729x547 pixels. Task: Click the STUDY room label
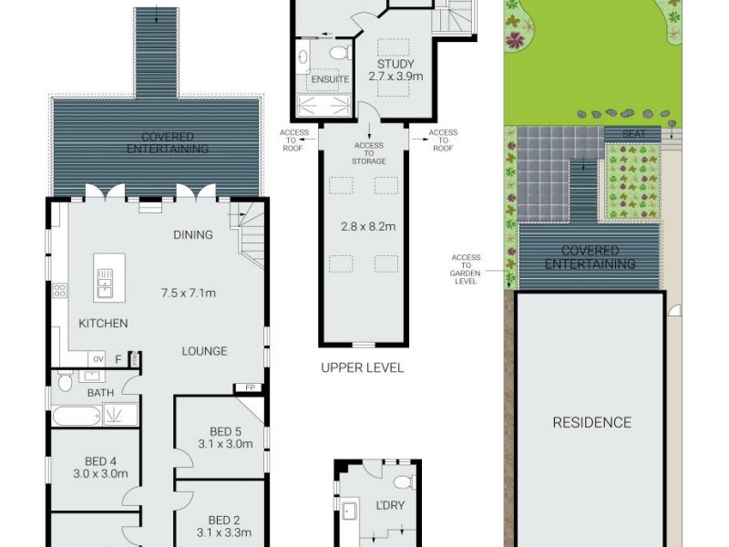[x=395, y=64]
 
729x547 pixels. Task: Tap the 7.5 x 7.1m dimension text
[x=189, y=293]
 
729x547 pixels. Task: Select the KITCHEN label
[x=103, y=323]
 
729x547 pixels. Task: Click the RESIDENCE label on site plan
[x=591, y=422]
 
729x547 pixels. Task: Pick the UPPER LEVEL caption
[x=362, y=368]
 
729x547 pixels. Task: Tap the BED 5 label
[x=219, y=431]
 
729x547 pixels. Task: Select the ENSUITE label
[x=328, y=79]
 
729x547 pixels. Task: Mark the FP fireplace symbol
[x=248, y=387]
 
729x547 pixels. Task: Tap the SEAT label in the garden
[x=634, y=134]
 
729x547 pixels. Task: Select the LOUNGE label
[x=203, y=351]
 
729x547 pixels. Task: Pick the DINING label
[x=192, y=234]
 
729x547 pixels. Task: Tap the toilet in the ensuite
[x=338, y=53]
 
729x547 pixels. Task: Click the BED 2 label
[x=219, y=520]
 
